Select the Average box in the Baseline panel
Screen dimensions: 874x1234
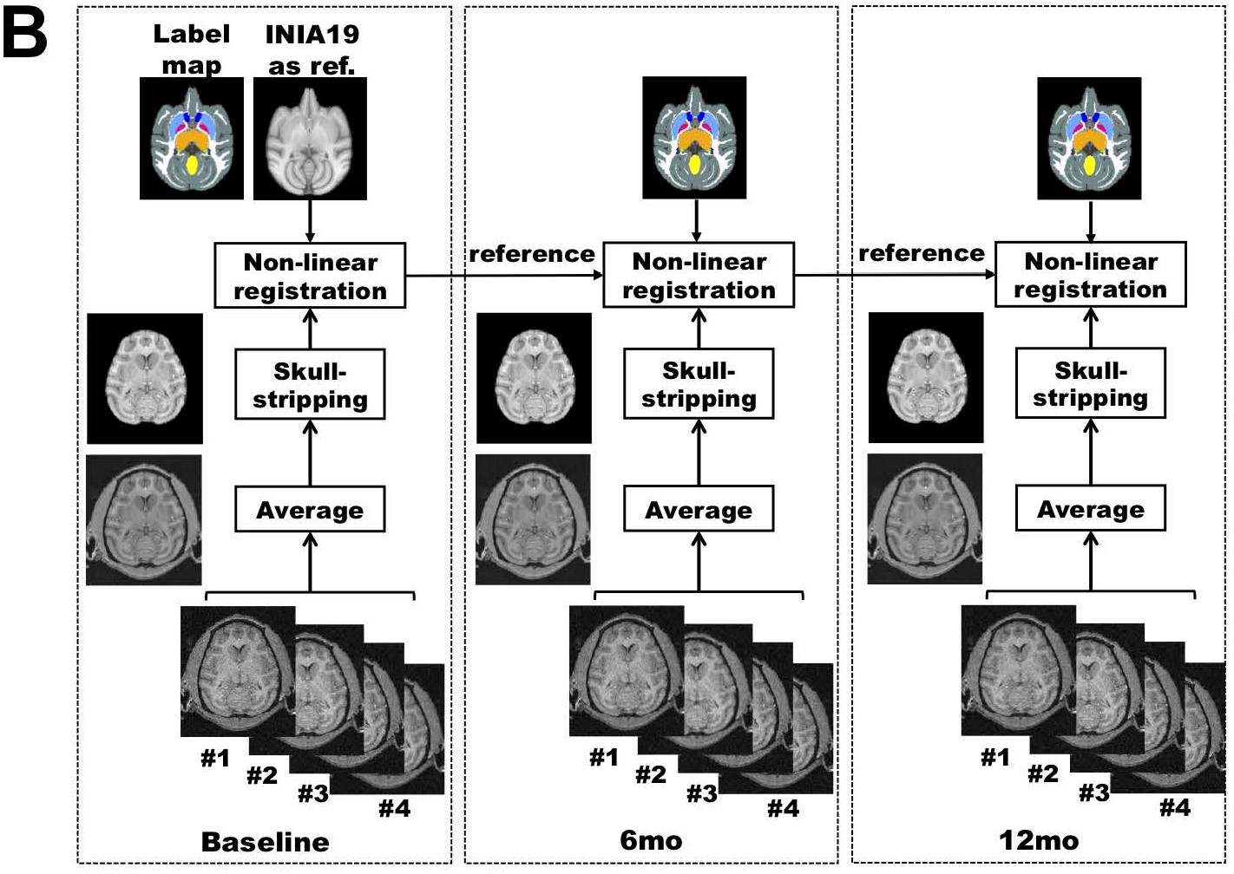310,510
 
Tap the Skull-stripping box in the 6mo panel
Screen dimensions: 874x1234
699,384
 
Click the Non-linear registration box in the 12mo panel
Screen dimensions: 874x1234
1090,275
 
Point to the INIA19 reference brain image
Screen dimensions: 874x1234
310,139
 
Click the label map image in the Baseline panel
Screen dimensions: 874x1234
192,139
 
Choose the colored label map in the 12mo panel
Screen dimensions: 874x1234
1089,139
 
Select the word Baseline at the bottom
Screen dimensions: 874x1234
265,841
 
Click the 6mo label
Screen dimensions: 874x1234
651,840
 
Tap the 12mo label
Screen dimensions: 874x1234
1039,840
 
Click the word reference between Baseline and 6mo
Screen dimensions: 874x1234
532,254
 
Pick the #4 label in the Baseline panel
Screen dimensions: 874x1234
394,809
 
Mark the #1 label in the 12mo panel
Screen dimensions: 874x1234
995,758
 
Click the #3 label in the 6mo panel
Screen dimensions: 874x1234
702,792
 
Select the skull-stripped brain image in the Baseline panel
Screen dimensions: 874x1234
145,379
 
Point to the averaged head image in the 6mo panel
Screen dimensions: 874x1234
533,519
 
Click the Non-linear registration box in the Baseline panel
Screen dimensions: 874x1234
310,276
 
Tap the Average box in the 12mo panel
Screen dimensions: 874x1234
1090,510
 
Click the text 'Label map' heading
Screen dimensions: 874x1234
191,49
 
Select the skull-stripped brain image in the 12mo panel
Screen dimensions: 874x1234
926,378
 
